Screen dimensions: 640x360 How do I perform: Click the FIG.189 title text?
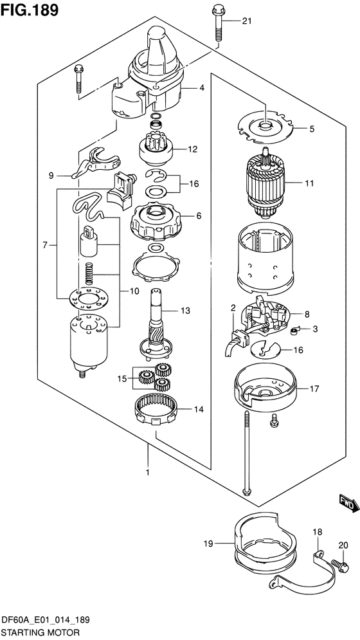(30, 10)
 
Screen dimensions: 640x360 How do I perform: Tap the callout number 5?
(312, 129)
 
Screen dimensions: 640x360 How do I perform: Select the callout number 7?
(45, 244)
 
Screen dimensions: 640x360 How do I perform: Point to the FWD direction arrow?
(346, 504)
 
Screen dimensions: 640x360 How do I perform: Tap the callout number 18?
(317, 531)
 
